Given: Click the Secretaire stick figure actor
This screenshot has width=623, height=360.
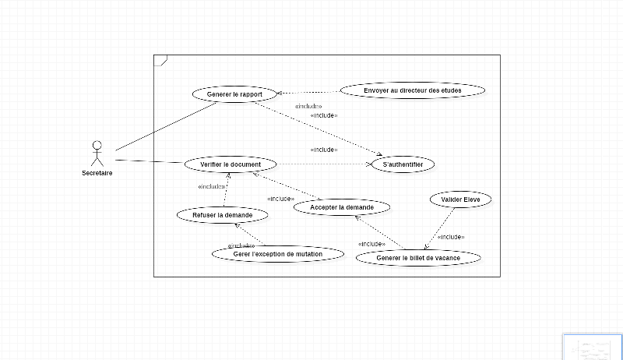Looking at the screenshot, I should click(97, 153).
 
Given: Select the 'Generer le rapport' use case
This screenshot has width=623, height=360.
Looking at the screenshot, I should click(234, 95).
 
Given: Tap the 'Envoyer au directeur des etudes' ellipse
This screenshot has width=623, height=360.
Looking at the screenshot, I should click(412, 90).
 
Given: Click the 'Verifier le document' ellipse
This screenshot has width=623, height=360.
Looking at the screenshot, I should click(230, 165).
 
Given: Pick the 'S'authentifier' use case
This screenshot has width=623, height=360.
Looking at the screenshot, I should click(403, 165).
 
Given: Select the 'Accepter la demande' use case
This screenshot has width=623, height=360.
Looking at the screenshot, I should click(341, 207).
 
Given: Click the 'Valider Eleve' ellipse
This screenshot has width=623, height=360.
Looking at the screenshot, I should click(460, 200).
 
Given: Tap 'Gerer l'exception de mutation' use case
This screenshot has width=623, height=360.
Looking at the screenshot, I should click(277, 254).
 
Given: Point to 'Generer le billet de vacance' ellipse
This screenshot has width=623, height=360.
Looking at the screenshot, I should click(417, 258).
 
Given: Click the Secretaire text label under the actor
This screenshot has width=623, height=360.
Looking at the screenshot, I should click(97, 173).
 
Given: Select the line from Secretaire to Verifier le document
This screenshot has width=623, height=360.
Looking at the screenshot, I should click(148, 162).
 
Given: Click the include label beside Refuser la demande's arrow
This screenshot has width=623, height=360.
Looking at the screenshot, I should click(211, 187).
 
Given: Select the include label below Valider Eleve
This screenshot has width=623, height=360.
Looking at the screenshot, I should click(451, 237).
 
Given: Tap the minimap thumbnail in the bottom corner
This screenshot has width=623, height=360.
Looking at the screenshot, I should click(593, 346).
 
